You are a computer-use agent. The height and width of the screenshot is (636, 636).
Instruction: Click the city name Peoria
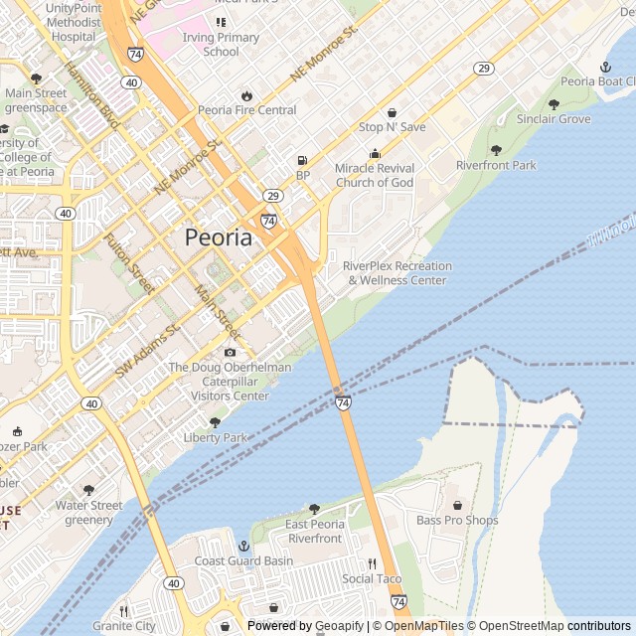pos(218,238)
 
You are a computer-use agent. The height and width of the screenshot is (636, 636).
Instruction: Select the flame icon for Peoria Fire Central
pos(246,95)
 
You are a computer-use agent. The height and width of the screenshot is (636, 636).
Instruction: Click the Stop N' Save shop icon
pos(392,112)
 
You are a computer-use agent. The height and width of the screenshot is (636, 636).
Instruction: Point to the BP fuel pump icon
pos(302,160)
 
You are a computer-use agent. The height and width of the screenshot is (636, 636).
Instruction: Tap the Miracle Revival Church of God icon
pos(375,153)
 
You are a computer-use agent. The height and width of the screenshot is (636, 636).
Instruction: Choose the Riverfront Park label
pos(496,165)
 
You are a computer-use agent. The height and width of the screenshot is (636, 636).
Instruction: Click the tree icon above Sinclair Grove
pos(554,104)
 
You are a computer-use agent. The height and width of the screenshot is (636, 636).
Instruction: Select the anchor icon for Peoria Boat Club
pos(604,67)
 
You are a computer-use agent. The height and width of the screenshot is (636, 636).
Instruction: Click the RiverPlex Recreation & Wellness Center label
pos(397,273)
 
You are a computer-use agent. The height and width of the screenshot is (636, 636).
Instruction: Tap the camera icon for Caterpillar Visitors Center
pos(231,352)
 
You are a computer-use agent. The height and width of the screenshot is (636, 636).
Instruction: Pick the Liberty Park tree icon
pos(215,422)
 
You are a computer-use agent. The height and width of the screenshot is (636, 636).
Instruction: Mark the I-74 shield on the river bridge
pos(343,402)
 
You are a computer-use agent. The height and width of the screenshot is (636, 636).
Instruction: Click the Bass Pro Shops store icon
pos(457,505)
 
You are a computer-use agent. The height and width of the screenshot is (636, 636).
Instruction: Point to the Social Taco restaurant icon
pos(372,563)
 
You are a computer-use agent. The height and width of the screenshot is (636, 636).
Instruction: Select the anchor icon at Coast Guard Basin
pos(243,546)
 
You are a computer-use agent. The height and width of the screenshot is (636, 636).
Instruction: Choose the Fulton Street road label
pos(129,262)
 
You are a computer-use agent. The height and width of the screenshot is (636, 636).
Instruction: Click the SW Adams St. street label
pos(146,350)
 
